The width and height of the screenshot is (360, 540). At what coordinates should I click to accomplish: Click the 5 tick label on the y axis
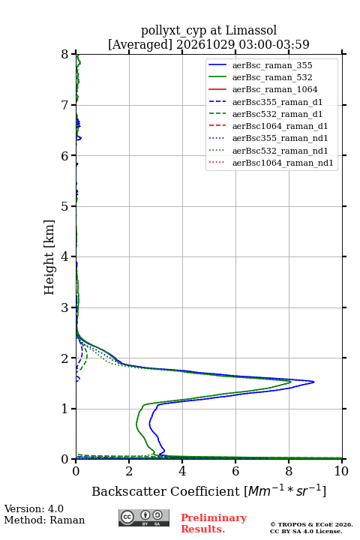click(65, 206)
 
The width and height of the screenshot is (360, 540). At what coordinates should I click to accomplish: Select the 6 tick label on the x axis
click(235, 471)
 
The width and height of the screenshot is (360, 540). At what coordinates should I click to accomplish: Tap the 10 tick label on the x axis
click(341, 471)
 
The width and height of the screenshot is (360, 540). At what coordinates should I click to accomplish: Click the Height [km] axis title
click(49, 257)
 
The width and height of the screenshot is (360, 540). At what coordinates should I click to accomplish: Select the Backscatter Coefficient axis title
click(208, 490)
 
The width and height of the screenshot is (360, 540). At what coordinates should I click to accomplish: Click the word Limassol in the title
click(250, 30)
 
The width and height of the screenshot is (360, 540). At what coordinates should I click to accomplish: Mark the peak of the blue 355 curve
click(313, 382)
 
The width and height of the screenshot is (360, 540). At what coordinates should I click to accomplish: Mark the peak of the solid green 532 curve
click(291, 382)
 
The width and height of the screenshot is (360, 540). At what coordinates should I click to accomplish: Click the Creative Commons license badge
click(144, 517)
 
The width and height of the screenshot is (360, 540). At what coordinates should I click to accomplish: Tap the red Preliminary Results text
click(214, 523)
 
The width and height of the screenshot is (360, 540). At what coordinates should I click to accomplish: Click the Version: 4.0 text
click(34, 508)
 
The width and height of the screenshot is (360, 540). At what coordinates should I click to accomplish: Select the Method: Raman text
click(44, 520)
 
